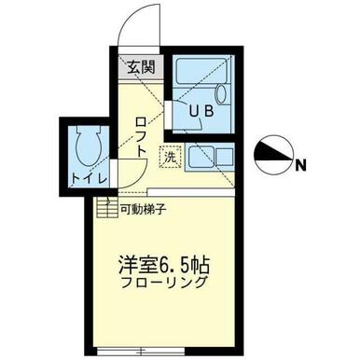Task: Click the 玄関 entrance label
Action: point(142,67)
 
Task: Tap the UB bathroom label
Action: point(201,111)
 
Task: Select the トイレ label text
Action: point(90,179)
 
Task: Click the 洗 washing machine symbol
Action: point(170,157)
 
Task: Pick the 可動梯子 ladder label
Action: point(143,210)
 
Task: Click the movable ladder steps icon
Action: point(107,208)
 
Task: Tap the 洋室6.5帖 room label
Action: point(164,264)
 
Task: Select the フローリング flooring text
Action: point(164,283)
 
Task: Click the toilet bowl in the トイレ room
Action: point(90,145)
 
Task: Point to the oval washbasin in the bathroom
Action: point(221,94)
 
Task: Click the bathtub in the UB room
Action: point(201,71)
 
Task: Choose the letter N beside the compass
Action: point(300,165)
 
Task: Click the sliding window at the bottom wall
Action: point(142,352)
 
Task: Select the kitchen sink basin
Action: point(201,156)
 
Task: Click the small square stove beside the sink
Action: point(225,157)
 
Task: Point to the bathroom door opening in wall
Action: point(168,115)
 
